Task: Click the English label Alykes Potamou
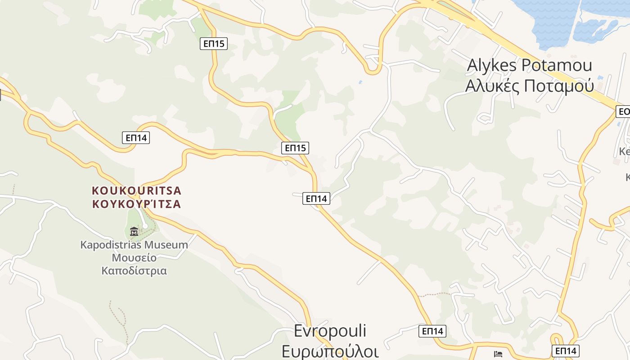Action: point(530,65)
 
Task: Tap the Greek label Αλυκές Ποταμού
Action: point(530,85)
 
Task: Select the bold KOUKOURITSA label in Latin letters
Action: point(136,190)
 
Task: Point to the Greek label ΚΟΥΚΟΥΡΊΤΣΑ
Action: point(136,204)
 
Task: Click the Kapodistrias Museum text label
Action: point(134,245)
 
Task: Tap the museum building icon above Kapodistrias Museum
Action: point(134,232)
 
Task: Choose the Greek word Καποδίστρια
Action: point(134,271)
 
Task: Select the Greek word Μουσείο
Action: point(134,258)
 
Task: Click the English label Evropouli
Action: point(330,331)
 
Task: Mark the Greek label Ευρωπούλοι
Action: point(330,351)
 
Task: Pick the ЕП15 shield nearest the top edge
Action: point(214,44)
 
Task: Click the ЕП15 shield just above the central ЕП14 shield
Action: point(295,148)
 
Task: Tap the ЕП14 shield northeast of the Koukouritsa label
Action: point(136,138)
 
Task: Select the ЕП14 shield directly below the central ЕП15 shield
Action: point(316,198)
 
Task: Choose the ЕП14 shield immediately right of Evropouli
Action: point(432,331)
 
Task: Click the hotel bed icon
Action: point(498,354)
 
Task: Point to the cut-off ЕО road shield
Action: point(623,112)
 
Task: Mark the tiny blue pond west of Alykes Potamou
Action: point(360,82)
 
